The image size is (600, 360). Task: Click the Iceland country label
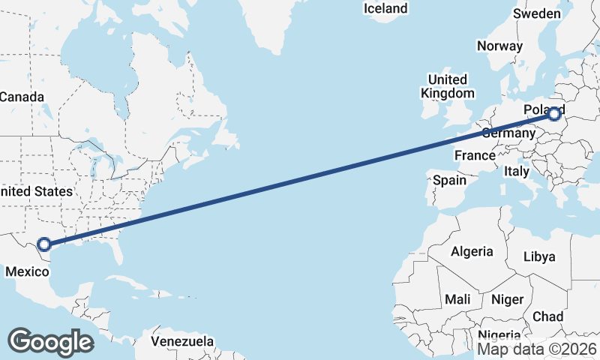point(385,9)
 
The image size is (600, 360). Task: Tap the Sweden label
point(537,14)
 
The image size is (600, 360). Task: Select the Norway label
point(499,46)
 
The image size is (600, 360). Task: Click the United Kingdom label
point(448,86)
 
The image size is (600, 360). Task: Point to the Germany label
point(507,133)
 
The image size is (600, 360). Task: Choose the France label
point(475,156)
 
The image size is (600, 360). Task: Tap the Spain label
point(449,180)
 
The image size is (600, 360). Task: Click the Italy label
point(516,171)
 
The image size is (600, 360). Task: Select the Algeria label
point(472,251)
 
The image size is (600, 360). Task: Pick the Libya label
point(539,256)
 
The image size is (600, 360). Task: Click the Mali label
point(457,299)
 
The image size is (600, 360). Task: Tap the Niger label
point(507,299)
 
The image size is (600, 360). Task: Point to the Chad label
point(547,316)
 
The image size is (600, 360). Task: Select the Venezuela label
point(182,341)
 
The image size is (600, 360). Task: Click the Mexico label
point(27,273)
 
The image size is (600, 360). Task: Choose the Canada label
point(22,97)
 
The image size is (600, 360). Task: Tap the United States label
point(37,191)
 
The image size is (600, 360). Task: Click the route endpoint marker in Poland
point(554,114)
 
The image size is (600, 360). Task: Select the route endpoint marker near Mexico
point(44,244)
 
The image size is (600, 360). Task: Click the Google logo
point(50,341)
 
